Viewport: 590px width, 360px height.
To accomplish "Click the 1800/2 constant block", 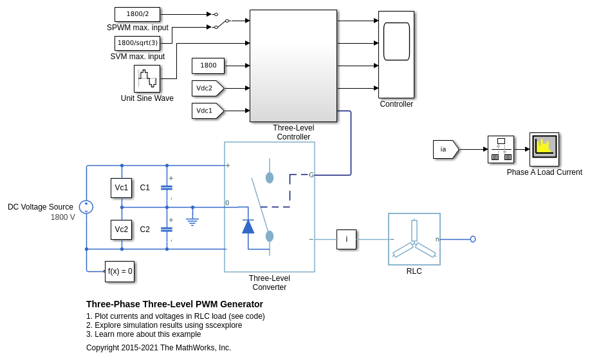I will point(137,14).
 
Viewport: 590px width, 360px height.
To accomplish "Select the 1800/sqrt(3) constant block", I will point(137,43).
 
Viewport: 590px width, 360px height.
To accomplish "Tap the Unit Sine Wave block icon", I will point(147,78).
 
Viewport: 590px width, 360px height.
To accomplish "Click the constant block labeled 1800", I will point(208,66).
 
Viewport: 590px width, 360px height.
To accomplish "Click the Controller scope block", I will point(396,55).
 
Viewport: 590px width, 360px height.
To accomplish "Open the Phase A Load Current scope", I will point(544,149).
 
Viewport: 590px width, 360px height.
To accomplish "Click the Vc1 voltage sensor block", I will point(121,188).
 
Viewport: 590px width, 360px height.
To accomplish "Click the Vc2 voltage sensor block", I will point(121,230).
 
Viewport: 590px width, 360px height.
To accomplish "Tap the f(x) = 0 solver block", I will point(120,271).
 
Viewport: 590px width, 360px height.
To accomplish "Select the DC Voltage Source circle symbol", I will point(86,207).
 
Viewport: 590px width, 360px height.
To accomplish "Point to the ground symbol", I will point(192,221).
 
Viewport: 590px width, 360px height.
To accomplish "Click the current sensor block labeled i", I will point(346,239).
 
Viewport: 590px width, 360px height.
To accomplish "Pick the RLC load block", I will point(414,239).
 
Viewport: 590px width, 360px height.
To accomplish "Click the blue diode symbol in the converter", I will point(248,226).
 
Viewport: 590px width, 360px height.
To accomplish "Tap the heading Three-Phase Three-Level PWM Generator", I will point(174,304).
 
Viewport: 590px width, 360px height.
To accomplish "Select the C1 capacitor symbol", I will point(167,188).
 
